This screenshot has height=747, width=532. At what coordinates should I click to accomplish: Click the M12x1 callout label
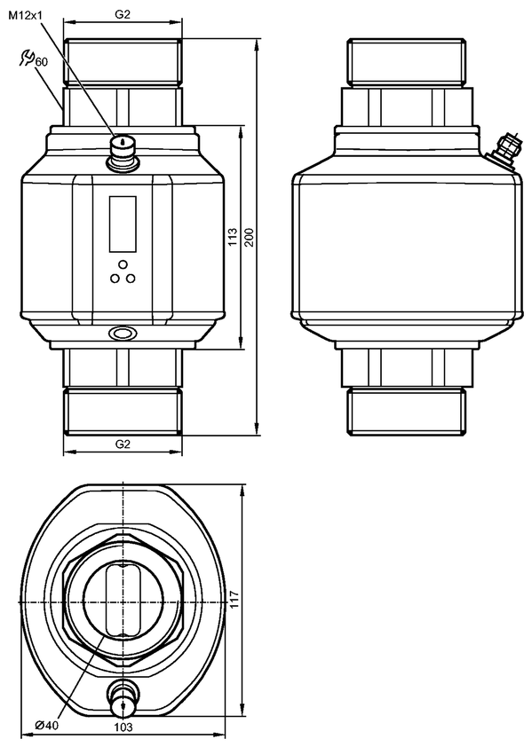click(x=26, y=16)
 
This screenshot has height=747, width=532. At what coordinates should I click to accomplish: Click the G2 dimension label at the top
click(x=123, y=14)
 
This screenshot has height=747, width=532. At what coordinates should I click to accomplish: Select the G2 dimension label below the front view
click(x=123, y=444)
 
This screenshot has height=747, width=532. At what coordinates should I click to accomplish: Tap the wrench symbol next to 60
click(x=27, y=57)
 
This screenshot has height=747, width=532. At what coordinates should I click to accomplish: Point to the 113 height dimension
click(x=233, y=237)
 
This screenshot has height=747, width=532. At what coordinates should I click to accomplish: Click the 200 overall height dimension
click(x=250, y=237)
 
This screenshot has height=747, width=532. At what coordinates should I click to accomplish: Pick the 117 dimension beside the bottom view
click(x=234, y=599)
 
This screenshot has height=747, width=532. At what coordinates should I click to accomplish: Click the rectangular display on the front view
click(x=123, y=224)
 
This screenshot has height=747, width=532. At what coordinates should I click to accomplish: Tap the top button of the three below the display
click(x=123, y=263)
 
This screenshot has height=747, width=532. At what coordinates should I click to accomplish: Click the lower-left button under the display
click(x=115, y=279)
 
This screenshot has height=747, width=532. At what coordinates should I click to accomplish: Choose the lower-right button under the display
click(x=131, y=279)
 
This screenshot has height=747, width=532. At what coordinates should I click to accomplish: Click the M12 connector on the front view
click(x=123, y=152)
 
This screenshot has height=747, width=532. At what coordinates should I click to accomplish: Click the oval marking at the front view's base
click(x=123, y=333)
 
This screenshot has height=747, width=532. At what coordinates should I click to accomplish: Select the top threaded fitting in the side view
click(x=407, y=61)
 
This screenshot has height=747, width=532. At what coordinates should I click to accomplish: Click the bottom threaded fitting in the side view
click(x=407, y=411)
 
